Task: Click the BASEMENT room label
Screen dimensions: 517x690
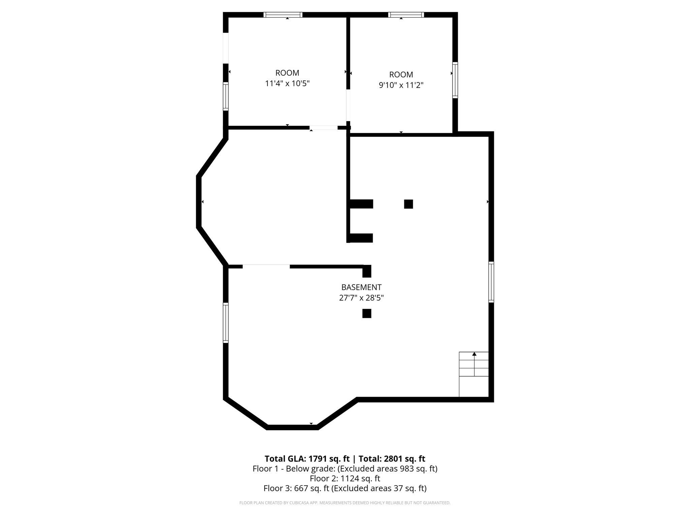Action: click(x=361, y=287)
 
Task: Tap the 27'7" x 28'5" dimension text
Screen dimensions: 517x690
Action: click(x=361, y=298)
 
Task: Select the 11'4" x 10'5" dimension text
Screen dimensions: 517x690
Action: click(x=287, y=83)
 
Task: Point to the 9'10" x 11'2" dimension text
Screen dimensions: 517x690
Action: click(x=401, y=85)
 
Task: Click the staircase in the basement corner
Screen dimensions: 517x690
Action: click(x=474, y=374)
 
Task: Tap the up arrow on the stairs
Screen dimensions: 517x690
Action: click(x=474, y=354)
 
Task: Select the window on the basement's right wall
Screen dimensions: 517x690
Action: click(x=491, y=282)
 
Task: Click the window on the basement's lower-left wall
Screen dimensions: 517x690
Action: click(x=226, y=323)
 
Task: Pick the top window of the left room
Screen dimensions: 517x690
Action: click(x=283, y=15)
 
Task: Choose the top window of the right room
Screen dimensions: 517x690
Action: click(x=406, y=15)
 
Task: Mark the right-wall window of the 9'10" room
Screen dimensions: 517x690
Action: click(x=455, y=80)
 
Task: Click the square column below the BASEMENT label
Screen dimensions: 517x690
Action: click(x=367, y=313)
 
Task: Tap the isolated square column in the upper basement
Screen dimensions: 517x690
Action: click(x=408, y=204)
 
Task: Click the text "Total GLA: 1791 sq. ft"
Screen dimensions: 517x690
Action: click(x=307, y=459)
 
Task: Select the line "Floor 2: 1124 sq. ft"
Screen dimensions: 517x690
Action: click(x=345, y=478)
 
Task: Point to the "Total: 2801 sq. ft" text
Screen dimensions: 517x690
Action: click(x=392, y=459)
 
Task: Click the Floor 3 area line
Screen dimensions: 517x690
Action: click(x=345, y=488)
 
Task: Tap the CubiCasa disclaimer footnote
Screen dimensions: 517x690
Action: click(x=345, y=503)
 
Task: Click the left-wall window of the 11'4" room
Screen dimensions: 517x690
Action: click(x=226, y=96)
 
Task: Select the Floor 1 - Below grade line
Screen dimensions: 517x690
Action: click(x=345, y=469)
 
